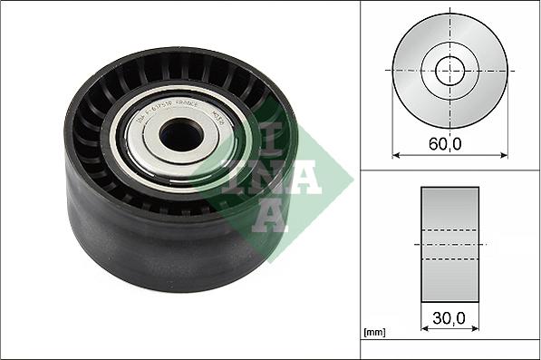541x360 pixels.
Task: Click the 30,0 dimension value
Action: tap(449, 319)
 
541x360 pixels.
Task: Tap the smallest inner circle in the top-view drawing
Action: tap(449, 70)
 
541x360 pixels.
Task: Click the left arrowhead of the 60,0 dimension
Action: tap(396, 154)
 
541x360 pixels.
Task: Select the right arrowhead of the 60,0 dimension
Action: tap(504, 154)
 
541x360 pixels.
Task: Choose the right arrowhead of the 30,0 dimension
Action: tap(476, 329)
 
